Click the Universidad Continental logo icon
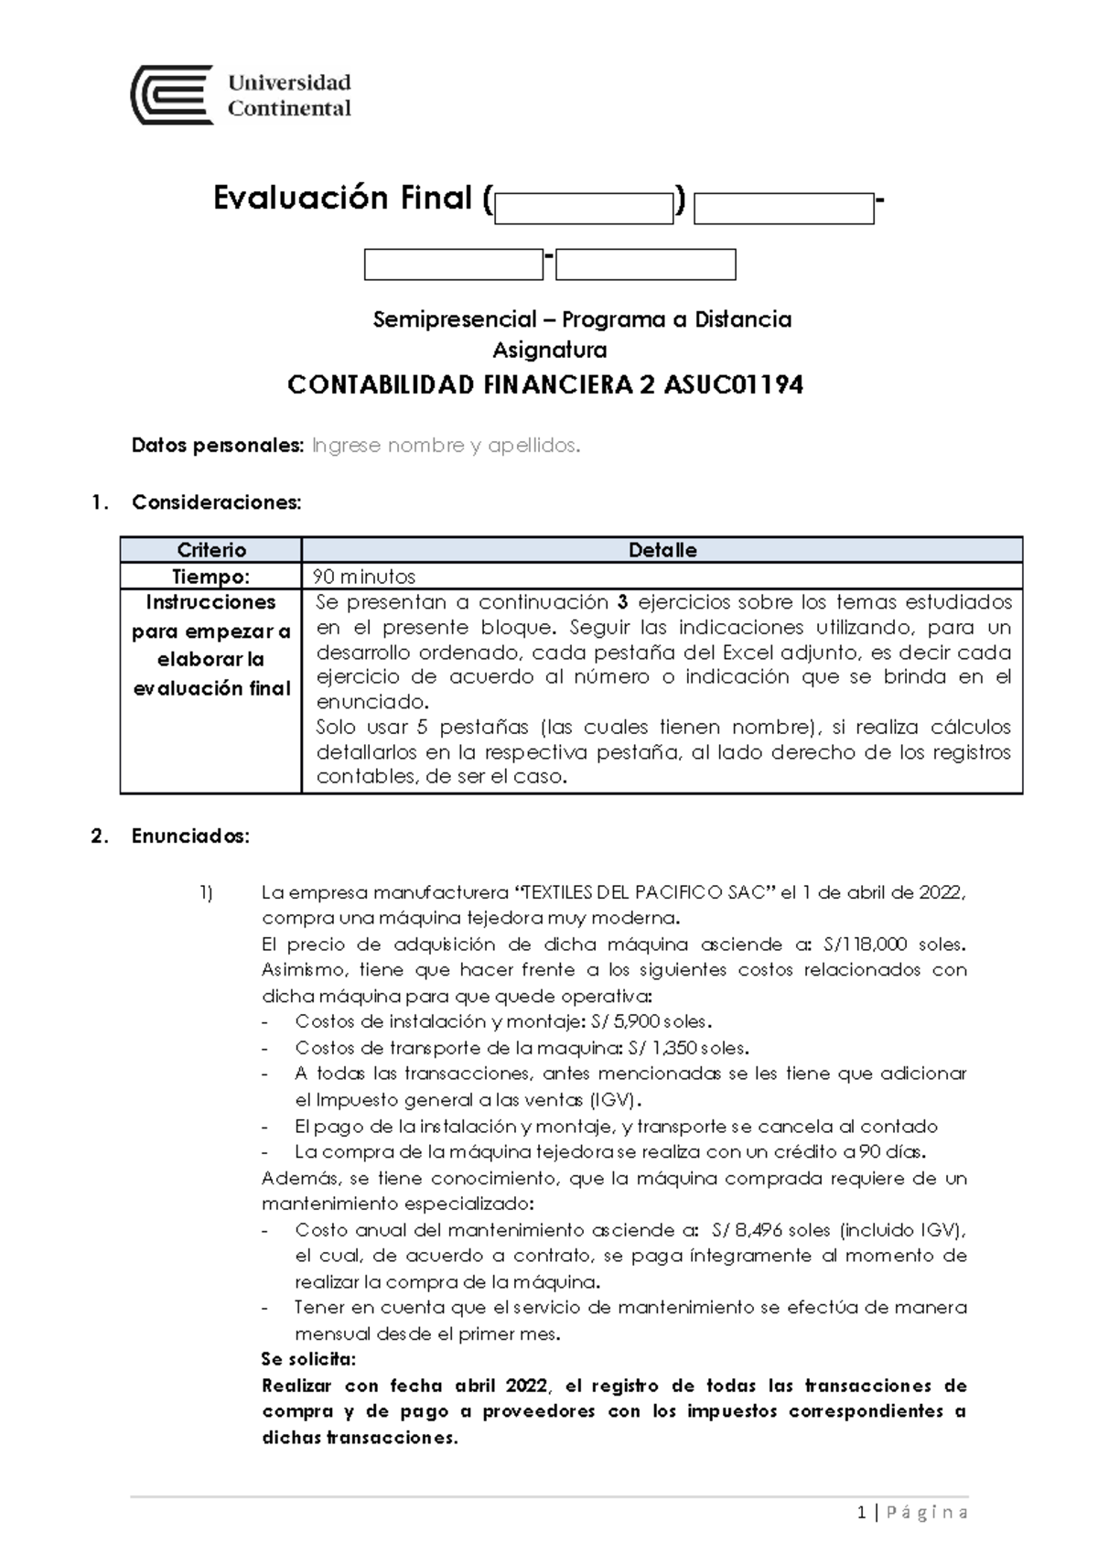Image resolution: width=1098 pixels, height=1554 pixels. click(x=172, y=95)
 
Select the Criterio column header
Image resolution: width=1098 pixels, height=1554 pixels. click(x=211, y=550)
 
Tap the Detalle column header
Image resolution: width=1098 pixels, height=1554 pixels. click(x=662, y=550)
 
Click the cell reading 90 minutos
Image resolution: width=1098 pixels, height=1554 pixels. click(x=365, y=577)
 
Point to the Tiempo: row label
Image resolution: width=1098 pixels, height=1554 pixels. click(x=211, y=577)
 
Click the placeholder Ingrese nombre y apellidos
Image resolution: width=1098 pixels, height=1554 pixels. click(x=446, y=446)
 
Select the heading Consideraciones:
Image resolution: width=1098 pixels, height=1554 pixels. click(x=216, y=502)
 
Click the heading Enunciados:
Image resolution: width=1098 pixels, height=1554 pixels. click(x=190, y=836)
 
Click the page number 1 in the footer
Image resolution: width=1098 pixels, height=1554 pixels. click(x=862, y=1513)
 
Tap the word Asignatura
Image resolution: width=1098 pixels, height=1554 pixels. click(x=549, y=350)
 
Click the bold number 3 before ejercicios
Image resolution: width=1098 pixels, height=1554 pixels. click(x=622, y=602)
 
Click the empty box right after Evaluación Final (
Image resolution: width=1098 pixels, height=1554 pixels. click(x=583, y=209)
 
